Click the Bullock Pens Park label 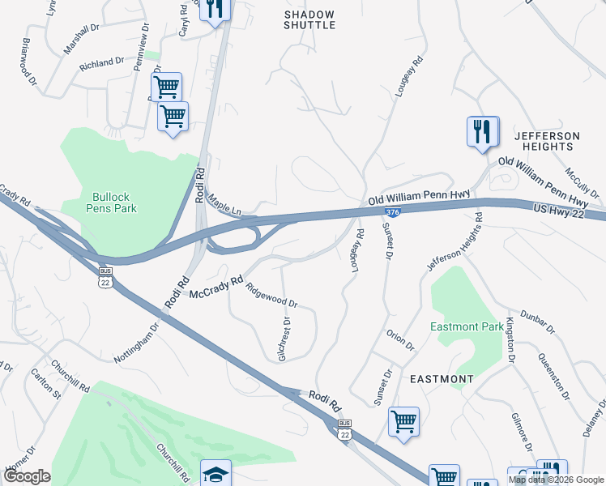[114, 202]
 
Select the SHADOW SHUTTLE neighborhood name [309, 19]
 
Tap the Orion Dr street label [400, 340]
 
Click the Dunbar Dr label [537, 318]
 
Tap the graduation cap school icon [216, 473]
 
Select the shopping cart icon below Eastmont [403, 421]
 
